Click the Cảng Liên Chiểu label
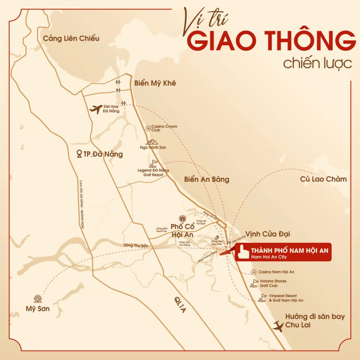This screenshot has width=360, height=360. pyautogui.click(x=71, y=38)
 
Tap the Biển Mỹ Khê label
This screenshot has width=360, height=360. pyautogui.click(x=155, y=83)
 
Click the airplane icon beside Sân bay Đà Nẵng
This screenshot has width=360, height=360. pyautogui.click(x=96, y=109)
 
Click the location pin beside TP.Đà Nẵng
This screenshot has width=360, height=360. pyautogui.click(x=79, y=154)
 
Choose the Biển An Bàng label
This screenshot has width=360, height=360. pyautogui.click(x=206, y=179)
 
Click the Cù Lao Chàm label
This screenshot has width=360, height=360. pyautogui.click(x=323, y=179)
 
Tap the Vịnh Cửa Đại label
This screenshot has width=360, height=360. pyautogui.click(x=268, y=234)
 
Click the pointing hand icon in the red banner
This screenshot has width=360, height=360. pyautogui.click(x=242, y=252)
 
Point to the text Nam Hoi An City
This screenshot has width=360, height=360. pyautogui.click(x=269, y=257)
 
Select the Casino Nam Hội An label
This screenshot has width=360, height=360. pyautogui.click(x=276, y=272)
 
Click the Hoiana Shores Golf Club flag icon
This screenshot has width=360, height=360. pyautogui.click(x=253, y=283)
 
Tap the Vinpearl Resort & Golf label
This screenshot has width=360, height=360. pyautogui.click(x=286, y=298)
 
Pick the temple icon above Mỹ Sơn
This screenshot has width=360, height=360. pyautogui.click(x=38, y=299)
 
